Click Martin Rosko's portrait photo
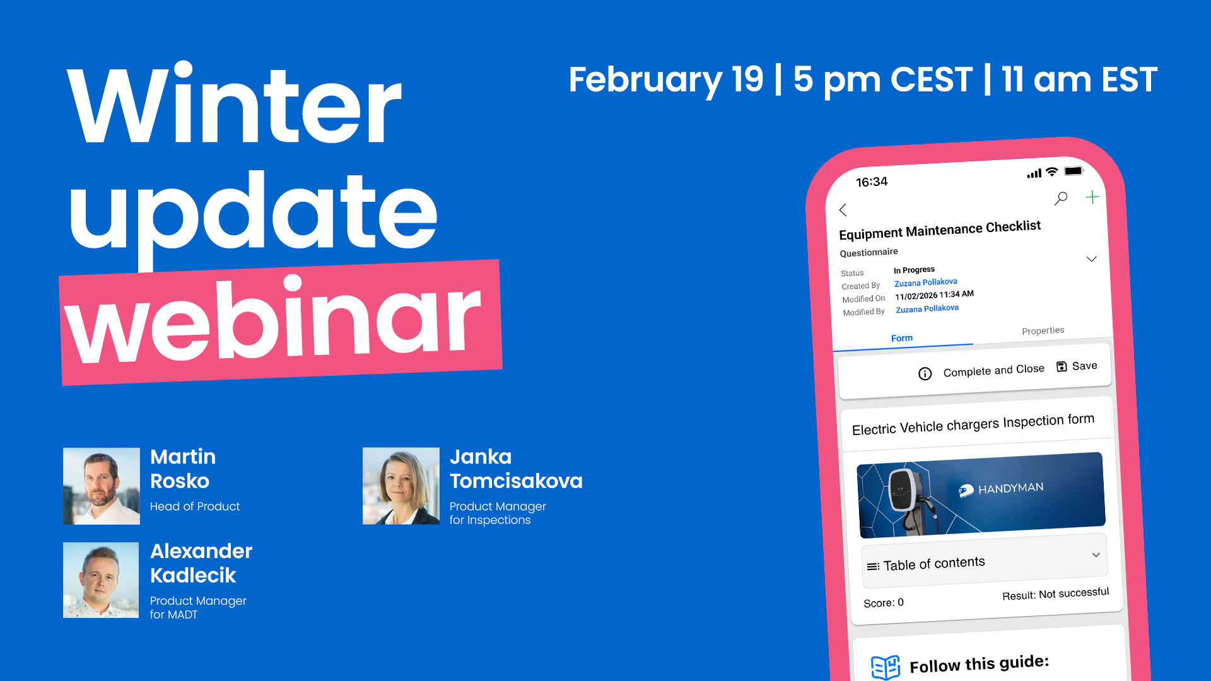coord(102,486)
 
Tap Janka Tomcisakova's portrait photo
coord(401,486)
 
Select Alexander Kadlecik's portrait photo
coord(101,580)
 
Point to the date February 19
coord(666,80)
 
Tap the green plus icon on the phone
coord(1092,197)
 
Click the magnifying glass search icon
coord(1061,199)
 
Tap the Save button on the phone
coord(1077,366)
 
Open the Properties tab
coord(1043,331)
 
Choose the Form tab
coord(902,339)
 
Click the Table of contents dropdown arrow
coord(1096,555)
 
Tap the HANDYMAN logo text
coord(1010,489)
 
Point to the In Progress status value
coord(914,270)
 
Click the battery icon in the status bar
coord(1074,171)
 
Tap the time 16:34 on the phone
coord(872,182)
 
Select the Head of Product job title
coord(195,506)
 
